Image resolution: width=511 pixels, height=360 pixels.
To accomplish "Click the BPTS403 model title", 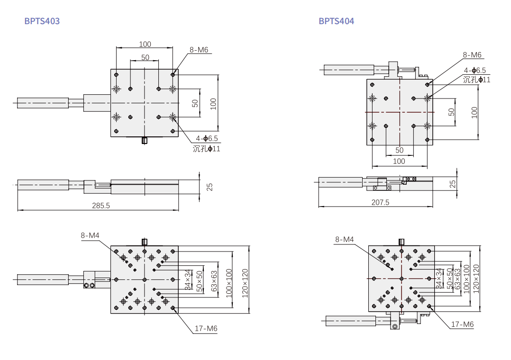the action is tap(42, 21).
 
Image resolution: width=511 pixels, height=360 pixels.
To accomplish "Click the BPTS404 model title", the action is tap(337, 21).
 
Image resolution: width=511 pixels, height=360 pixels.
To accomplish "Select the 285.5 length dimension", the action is tap(100, 206).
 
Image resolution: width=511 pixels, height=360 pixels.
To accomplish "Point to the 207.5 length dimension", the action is tap(380, 202).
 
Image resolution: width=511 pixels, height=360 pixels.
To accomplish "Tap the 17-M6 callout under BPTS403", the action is tap(206, 328).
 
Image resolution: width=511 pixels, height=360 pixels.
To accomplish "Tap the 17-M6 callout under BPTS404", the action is tap(462, 324).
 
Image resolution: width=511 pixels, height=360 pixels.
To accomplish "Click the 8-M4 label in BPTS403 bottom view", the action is tap(90, 235).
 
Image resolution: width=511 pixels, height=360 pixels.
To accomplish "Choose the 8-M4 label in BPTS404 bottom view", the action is tap(345, 240).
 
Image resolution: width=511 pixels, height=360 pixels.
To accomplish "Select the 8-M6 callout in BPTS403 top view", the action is tap(199, 50).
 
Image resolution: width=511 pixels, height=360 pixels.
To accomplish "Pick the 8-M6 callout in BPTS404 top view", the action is tap(472, 55).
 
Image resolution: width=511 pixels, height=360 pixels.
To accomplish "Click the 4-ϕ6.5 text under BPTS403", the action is tap(207, 138).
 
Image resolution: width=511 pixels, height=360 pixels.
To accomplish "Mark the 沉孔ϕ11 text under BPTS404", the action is tap(477, 80).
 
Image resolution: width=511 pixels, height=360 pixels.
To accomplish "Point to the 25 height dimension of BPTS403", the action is tap(210, 187).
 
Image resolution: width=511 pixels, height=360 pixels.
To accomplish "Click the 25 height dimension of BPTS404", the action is tap(453, 184).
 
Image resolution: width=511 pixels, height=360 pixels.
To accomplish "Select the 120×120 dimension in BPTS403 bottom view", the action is tap(245, 283).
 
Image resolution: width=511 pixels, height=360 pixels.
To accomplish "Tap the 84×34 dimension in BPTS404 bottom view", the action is tap(439, 279).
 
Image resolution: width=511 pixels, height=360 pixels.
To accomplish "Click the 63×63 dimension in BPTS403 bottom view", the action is tap(214, 281).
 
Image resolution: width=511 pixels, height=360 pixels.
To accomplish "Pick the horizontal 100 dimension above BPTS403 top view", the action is tap(145, 44).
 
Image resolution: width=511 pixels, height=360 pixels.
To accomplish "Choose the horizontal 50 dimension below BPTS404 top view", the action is tap(400, 150).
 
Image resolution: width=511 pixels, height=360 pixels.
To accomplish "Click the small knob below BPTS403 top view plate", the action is tap(145, 140).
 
